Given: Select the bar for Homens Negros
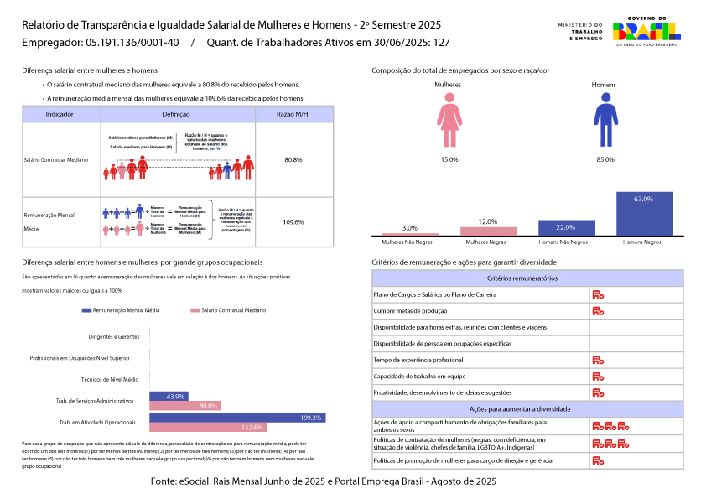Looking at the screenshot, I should pyautogui.click(x=645, y=214).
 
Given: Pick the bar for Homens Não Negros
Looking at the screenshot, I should pyautogui.click(x=567, y=227).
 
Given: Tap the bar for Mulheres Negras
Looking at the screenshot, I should pyautogui.click(x=489, y=231).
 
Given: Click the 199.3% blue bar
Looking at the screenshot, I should pyautogui.click(x=237, y=418).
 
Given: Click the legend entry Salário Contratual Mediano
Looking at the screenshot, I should pyautogui.click(x=223, y=310).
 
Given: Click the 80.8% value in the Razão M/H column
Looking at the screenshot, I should pyautogui.click(x=293, y=159).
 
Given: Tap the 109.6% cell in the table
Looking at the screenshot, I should pyautogui.click(x=293, y=222).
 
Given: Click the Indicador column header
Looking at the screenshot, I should pyautogui.click(x=60, y=113).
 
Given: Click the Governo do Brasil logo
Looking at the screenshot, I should pyautogui.click(x=646, y=32).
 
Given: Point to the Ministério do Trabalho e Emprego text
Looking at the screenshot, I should pyautogui.click(x=579, y=32).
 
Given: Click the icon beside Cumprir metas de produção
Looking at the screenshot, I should pyautogui.click(x=599, y=311).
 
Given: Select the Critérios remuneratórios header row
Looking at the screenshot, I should pyautogui.click(x=527, y=278).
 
